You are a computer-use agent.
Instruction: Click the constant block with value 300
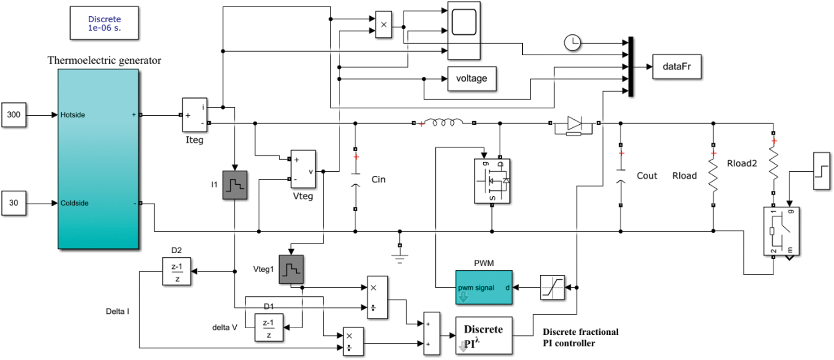point(14,115)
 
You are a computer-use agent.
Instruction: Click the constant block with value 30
point(14,203)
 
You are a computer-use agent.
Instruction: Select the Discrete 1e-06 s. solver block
point(104,23)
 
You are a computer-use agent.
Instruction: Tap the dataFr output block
point(677,66)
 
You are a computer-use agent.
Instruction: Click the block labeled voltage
point(472,78)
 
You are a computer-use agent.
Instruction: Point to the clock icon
point(572,43)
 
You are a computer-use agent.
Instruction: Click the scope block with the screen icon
point(464,30)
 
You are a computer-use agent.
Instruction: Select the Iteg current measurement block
point(195,115)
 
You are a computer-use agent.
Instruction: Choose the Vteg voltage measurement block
point(303,169)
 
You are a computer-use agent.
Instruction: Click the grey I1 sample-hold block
point(235,185)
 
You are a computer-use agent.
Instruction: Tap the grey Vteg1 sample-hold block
point(291,269)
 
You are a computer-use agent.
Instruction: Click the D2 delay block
point(177,271)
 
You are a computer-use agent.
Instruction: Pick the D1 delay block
point(269,327)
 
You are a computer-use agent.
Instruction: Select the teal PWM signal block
point(484,287)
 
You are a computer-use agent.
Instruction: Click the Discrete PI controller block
point(484,335)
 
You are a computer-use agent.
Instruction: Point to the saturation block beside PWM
point(552,287)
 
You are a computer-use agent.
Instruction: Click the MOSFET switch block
point(492,181)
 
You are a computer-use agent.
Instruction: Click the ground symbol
point(400,258)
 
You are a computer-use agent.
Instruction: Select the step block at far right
point(822,171)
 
